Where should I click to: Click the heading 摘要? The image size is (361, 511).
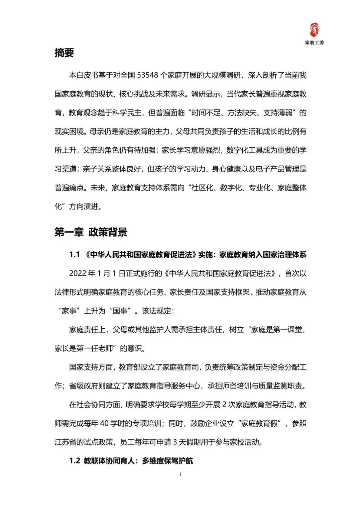(64, 53)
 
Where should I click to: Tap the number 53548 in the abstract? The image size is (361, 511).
(147, 75)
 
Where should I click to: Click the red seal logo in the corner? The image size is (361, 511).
(314, 30)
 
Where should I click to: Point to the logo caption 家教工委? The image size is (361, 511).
(314, 42)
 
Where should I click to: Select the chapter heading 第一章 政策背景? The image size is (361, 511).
(91, 232)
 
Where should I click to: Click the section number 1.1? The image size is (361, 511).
(75, 255)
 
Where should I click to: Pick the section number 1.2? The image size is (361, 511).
(75, 461)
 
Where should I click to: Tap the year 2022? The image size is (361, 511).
(78, 273)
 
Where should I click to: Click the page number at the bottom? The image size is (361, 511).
(180, 474)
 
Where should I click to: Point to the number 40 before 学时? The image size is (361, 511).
(104, 423)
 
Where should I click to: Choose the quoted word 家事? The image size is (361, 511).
(70, 311)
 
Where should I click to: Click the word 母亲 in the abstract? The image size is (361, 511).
(97, 132)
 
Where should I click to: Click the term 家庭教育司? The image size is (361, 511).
(180, 367)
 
